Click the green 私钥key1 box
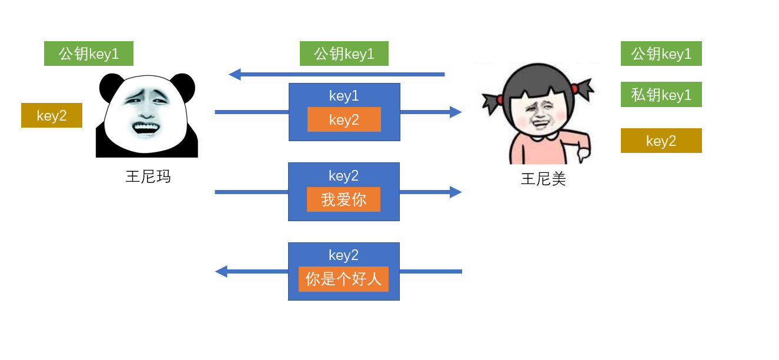point(661,95)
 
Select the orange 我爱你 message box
point(343,199)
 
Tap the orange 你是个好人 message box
point(343,279)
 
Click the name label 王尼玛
point(148,176)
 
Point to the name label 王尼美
point(543,179)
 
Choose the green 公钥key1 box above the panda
point(89,54)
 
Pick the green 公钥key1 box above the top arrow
point(344,54)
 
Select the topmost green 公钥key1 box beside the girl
point(661,54)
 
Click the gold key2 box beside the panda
point(52,115)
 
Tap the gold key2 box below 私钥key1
point(661,141)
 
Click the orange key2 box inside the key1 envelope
point(344,120)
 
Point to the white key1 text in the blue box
point(344,95)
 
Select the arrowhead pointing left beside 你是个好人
point(222,271)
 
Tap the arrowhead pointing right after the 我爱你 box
point(456,192)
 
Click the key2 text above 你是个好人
point(344,255)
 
